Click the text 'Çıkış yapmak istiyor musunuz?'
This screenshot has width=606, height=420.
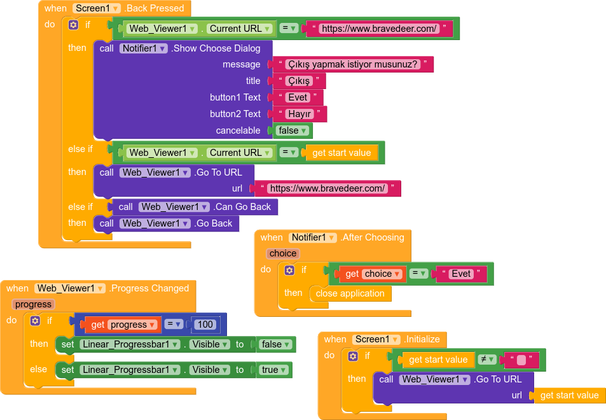352,64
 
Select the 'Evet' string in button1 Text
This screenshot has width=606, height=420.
298,97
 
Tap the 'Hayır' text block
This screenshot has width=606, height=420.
299,114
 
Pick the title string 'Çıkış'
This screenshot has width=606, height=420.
298,81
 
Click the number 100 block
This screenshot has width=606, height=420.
205,325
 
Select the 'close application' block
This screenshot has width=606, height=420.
350,293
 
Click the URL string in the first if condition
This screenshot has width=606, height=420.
379,29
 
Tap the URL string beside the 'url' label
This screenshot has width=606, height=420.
327,188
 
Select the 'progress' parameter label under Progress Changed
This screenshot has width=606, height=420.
33,304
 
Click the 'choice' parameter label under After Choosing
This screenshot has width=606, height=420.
282,253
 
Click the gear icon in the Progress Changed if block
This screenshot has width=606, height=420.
36,321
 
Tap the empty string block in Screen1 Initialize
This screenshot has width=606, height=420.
521,360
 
